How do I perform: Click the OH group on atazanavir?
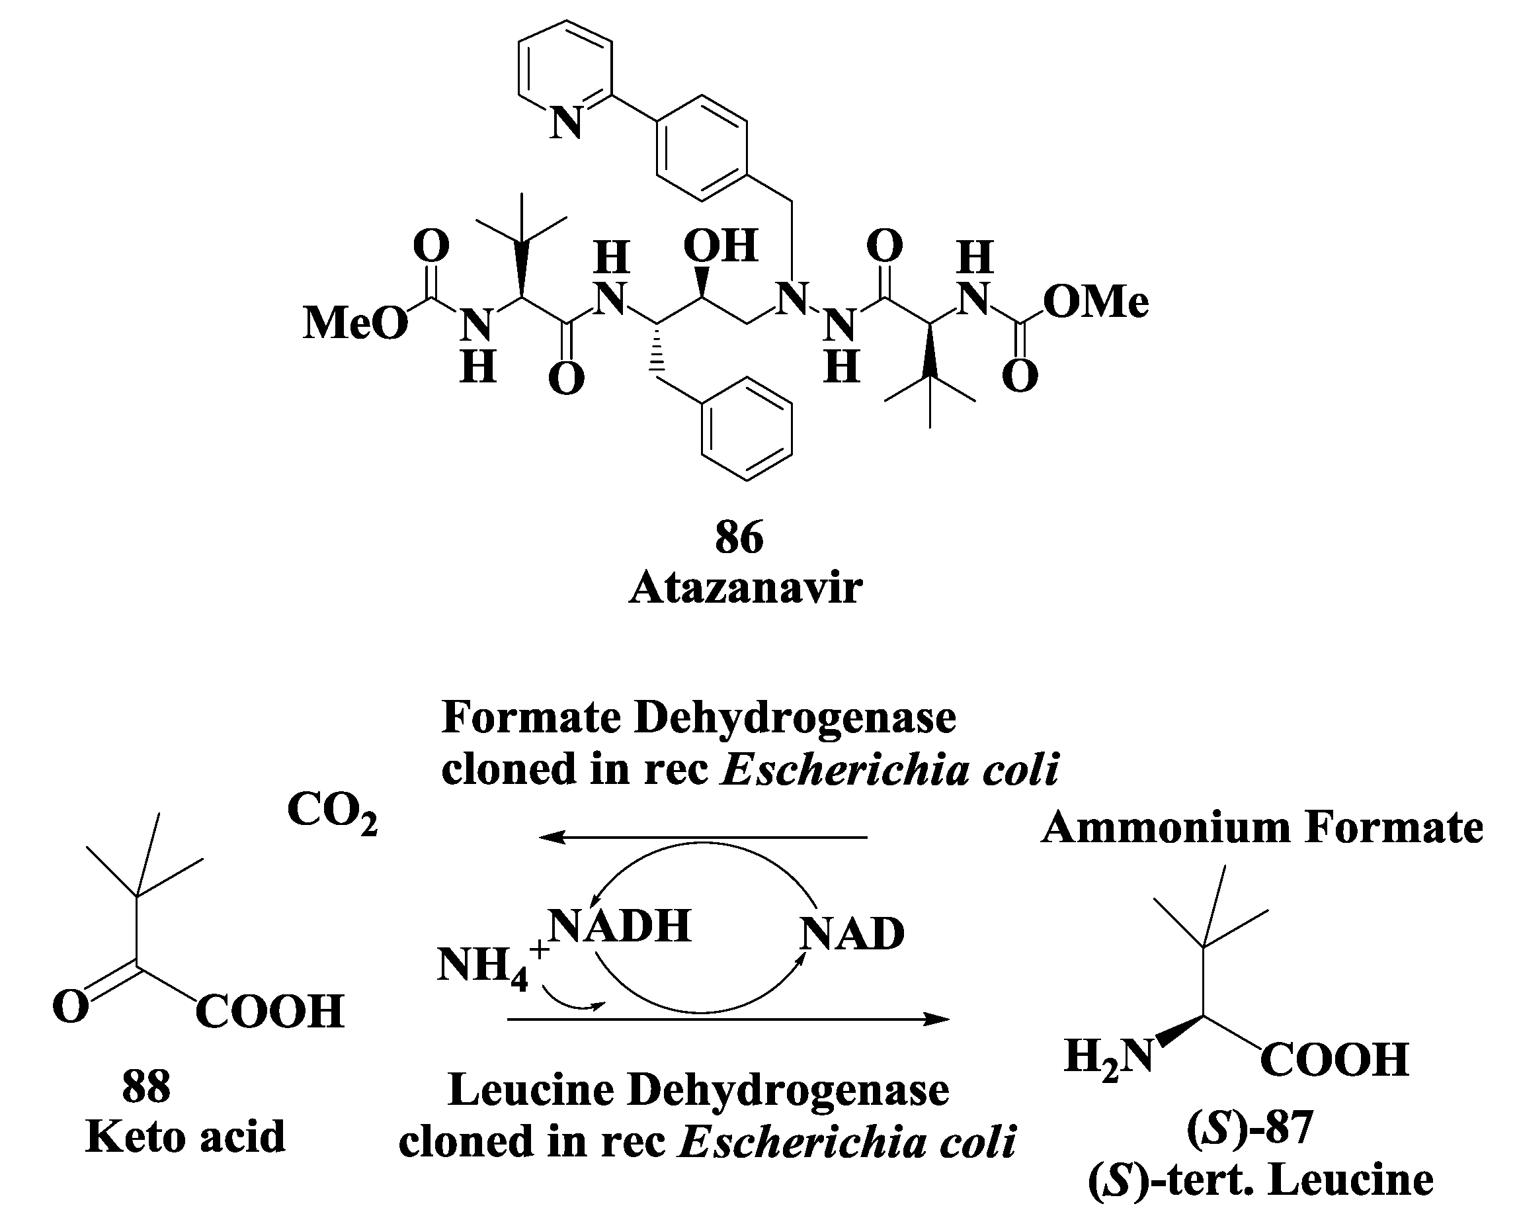720,246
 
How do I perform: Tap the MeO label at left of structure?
355,324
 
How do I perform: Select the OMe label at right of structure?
1096,302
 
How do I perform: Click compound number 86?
739,538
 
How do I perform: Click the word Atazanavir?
745,587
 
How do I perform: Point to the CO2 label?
332,811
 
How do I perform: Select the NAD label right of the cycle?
852,933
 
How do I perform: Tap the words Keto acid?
185,1136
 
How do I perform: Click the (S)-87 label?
1250,1127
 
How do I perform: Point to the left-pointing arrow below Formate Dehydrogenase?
702,837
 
